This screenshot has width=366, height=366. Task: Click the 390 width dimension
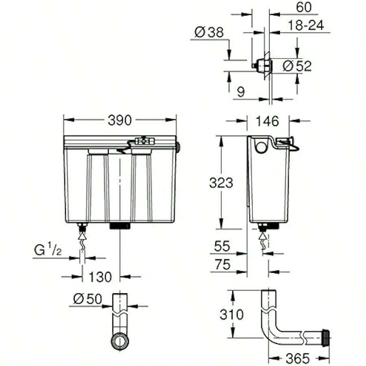click(120, 120)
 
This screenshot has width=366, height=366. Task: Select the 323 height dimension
click(221, 183)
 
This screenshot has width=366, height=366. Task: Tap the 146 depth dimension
click(268, 121)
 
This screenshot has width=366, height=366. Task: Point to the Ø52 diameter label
click(297, 66)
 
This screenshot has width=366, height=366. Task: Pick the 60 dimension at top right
click(304, 7)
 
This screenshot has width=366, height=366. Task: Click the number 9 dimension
click(241, 92)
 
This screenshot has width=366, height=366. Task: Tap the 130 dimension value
click(100, 277)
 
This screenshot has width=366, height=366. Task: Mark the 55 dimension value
click(222, 246)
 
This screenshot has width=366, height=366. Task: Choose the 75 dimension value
click(222, 265)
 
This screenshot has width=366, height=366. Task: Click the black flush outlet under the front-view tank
click(120, 225)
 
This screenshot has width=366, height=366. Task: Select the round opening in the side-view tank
click(260, 145)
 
